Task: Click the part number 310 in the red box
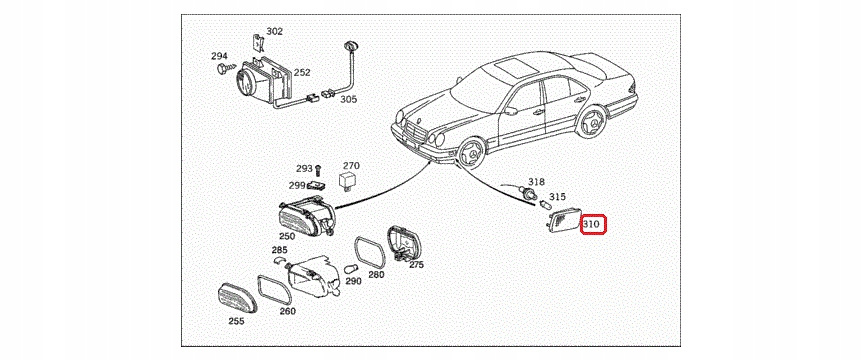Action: tap(592, 224)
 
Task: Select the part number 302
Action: tap(274, 31)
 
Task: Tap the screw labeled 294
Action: tap(224, 69)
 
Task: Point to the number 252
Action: tap(302, 72)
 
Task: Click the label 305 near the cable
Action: tap(349, 99)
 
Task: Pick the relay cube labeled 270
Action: tap(347, 180)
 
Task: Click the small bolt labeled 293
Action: tap(319, 170)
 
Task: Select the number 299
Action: tap(297, 185)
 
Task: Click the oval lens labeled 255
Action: tap(236, 299)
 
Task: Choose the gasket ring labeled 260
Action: tap(274, 290)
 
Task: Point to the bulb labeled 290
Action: tap(351, 269)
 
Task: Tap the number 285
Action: tap(280, 251)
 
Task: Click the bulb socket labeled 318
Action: tap(527, 192)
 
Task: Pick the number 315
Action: tap(557, 196)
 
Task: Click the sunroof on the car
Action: tap(515, 68)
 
